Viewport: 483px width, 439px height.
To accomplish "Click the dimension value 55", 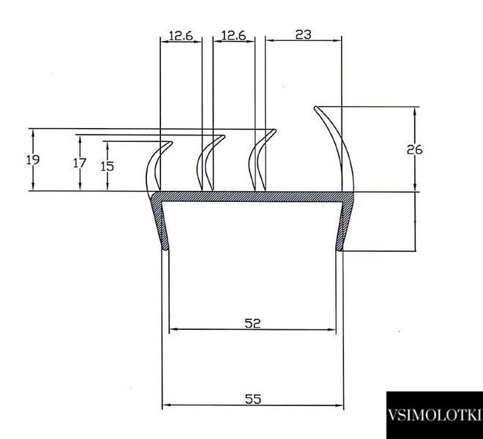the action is pos(253,399).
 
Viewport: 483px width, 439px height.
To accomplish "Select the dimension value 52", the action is pos(252,323).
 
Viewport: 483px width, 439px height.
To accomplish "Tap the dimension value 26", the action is pos(415,150).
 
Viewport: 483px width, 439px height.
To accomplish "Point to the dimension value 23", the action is pos(304,34).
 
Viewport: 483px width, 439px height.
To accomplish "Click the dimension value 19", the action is pos(33,160).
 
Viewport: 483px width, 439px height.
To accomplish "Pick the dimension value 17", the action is pos(80,163).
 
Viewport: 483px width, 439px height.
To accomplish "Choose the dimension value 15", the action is pos(107,166).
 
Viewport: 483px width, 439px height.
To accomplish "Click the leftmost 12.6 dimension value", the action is pos(181,36).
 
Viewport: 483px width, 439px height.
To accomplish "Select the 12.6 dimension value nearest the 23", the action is pos(233,36).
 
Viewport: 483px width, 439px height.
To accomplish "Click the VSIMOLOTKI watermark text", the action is pos(434,415).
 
